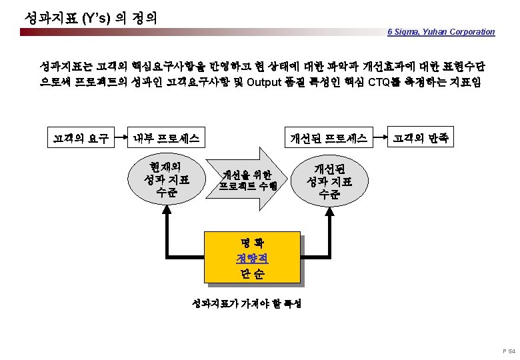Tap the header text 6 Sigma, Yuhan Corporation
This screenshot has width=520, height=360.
click(x=441, y=31)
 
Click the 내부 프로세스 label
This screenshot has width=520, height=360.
click(x=166, y=139)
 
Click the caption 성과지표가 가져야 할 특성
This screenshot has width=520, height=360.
click(x=247, y=303)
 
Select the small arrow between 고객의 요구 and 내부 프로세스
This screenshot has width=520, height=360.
click(x=119, y=139)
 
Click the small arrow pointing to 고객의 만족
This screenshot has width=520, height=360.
click(x=381, y=139)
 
